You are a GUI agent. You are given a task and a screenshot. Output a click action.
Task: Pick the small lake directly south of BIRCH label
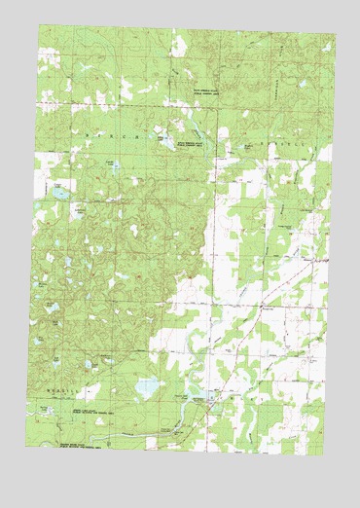(x=117, y=166)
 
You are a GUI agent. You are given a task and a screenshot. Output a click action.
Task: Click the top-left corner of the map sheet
(x=40, y=25)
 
